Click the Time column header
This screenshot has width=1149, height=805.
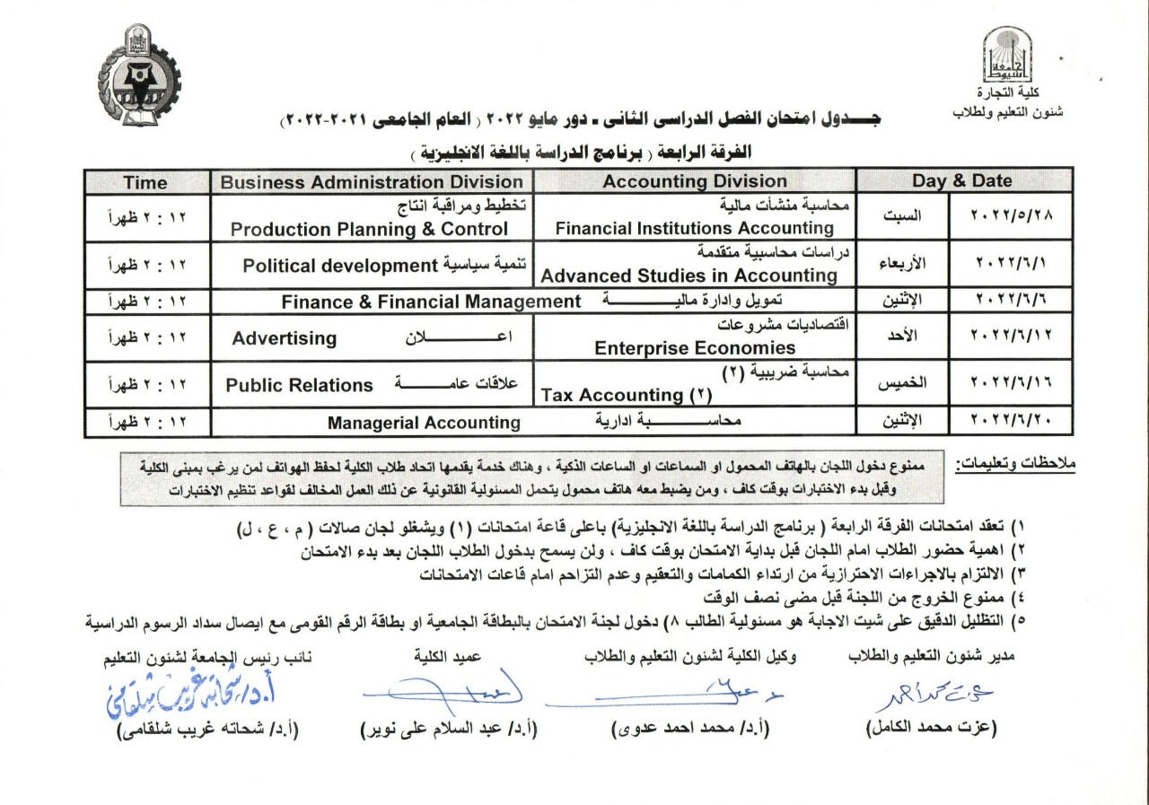click(x=145, y=181)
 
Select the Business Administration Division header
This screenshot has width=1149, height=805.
click(x=372, y=181)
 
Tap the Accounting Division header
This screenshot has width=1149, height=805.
click(x=695, y=181)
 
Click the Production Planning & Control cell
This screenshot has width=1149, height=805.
click(x=369, y=229)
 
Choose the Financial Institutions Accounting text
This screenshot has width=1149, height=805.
click(x=695, y=228)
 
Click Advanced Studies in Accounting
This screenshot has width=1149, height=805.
click(x=689, y=275)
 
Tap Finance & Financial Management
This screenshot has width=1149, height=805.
click(x=431, y=302)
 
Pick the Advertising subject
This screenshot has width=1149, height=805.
click(x=285, y=338)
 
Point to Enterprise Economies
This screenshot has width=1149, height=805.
click(x=695, y=348)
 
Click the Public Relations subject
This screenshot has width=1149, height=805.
click(x=299, y=385)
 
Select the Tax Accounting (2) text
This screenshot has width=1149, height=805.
click(x=625, y=395)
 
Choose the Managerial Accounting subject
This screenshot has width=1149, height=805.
click(x=424, y=422)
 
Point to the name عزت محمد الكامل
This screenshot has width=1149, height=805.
click(x=932, y=730)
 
